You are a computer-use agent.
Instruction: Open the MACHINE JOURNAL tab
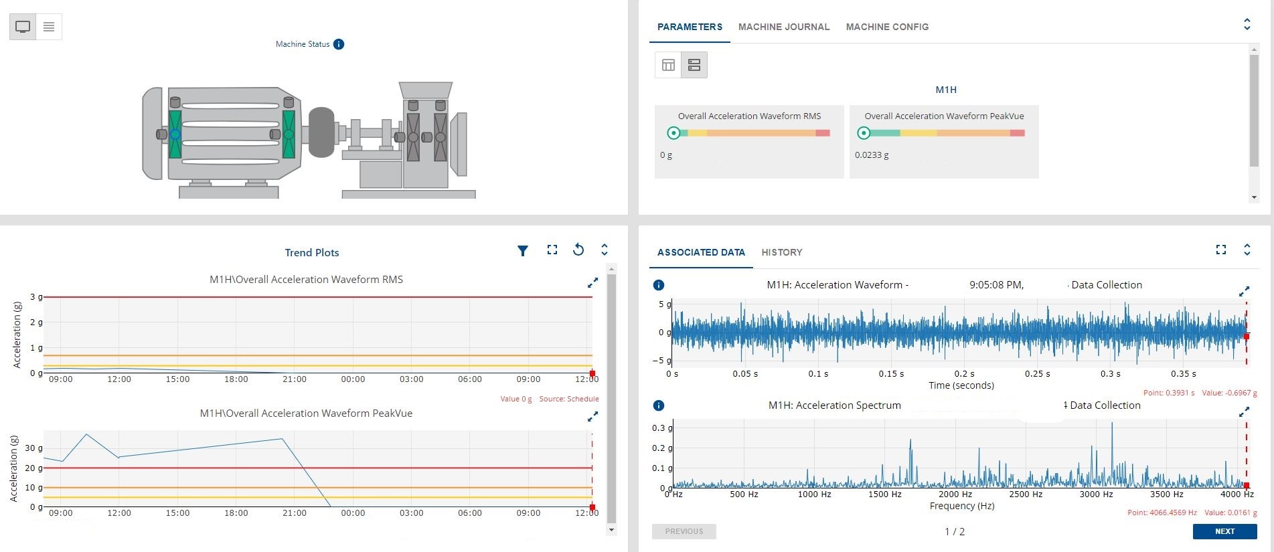pyautogui.click(x=783, y=27)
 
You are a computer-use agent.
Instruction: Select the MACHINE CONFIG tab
pyautogui.click(x=887, y=27)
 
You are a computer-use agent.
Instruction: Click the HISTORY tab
pyautogui.click(x=781, y=252)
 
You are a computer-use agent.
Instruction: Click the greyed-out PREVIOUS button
pyautogui.click(x=684, y=531)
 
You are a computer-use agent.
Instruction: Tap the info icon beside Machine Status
pyautogui.click(x=339, y=44)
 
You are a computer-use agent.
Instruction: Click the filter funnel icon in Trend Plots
pyautogui.click(x=523, y=250)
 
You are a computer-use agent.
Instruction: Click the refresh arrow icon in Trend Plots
pyautogui.click(x=578, y=250)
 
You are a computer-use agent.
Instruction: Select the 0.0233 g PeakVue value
pyautogui.click(x=872, y=155)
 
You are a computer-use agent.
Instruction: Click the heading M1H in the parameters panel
pyautogui.click(x=946, y=90)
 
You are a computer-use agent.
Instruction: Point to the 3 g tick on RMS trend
pyautogui.click(x=36, y=296)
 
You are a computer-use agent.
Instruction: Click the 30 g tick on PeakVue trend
pyautogui.click(x=33, y=448)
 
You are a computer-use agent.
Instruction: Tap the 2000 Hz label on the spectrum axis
pyautogui.click(x=955, y=494)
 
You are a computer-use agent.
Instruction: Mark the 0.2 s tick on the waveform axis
pyautogui.click(x=964, y=374)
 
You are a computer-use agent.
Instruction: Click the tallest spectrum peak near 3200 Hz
pyautogui.click(x=1112, y=424)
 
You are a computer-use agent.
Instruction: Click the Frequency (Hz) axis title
pyautogui.click(x=961, y=506)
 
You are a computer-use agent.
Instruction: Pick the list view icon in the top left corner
pyautogui.click(x=49, y=27)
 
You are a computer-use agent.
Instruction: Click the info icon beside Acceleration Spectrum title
pyautogui.click(x=659, y=405)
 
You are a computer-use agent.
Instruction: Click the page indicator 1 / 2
pyautogui.click(x=955, y=531)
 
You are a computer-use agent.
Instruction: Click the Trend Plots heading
pyautogui.click(x=312, y=252)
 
